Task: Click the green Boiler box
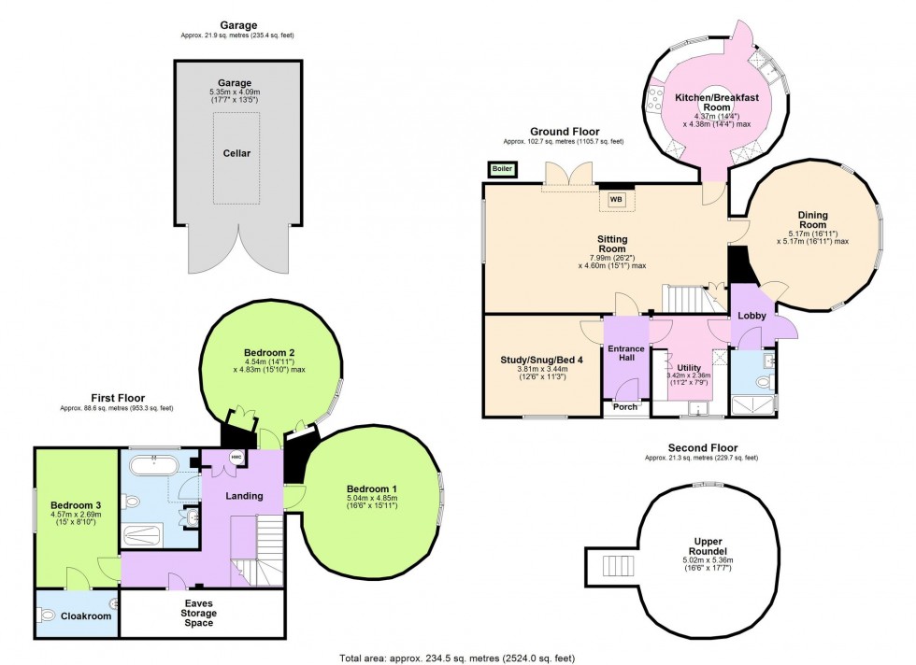(502, 169)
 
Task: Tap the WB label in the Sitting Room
(616, 199)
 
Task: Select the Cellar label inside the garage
(236, 152)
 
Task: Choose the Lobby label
(751, 316)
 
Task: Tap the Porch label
(625, 406)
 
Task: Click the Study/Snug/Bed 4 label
(543, 359)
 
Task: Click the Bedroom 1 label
(372, 488)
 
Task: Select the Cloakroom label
(86, 616)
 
